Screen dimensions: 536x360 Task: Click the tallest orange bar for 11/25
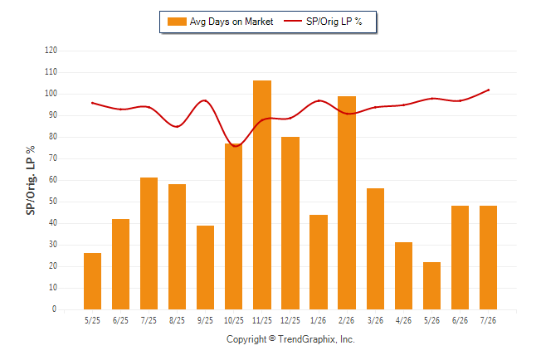[x=262, y=195]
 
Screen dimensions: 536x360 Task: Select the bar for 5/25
[x=92, y=281]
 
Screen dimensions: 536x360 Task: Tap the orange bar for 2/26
[x=347, y=202]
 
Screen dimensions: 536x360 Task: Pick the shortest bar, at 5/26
[x=431, y=286]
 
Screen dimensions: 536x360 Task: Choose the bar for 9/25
[x=205, y=267]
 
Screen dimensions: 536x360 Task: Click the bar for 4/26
[x=403, y=276]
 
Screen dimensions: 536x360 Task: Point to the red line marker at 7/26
[x=489, y=90]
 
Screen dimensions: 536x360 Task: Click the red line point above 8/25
[x=177, y=126]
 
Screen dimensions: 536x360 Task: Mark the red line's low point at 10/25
[x=235, y=146]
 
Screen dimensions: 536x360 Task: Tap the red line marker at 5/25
[x=92, y=103]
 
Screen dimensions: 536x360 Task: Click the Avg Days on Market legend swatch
[x=177, y=22]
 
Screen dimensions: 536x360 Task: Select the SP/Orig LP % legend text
[x=334, y=22]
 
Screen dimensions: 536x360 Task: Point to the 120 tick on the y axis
[x=51, y=51]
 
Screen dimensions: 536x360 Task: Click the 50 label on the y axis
[x=53, y=202]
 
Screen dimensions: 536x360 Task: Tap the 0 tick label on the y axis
[x=54, y=309]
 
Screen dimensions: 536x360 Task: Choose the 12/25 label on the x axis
[x=290, y=320]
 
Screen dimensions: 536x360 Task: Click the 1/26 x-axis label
[x=319, y=320]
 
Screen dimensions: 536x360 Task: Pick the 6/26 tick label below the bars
[x=460, y=320]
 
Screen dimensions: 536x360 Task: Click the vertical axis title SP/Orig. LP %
[x=31, y=180]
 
